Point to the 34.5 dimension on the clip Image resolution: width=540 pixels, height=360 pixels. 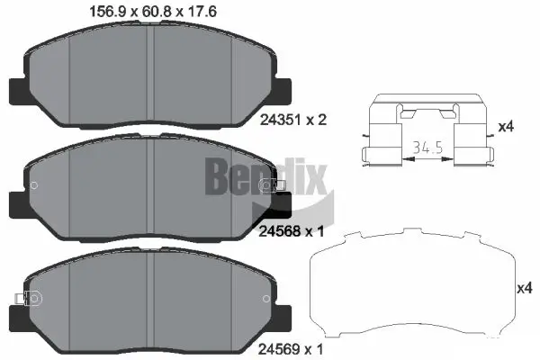pos(417,147)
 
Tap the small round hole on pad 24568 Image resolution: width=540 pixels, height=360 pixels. pos(34,186)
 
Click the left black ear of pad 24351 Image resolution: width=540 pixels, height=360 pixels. pos(18,90)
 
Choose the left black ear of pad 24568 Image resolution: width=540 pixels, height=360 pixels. pos(18,204)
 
